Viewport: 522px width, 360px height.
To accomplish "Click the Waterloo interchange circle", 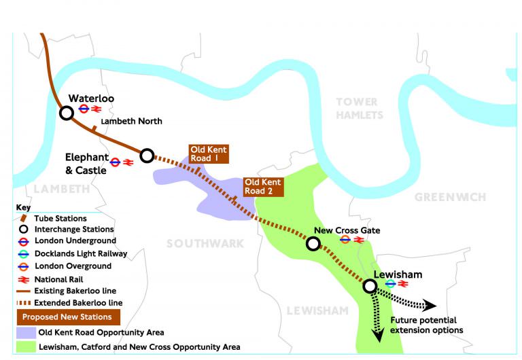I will (x=67, y=113).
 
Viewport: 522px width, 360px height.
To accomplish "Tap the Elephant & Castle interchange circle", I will (x=147, y=156).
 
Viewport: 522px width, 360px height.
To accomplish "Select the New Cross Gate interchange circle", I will (x=313, y=243).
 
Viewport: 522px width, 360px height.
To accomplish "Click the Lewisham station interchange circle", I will (x=370, y=286).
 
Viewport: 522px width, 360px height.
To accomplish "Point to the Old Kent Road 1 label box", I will (x=209, y=154).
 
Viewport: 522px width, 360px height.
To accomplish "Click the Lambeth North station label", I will (x=131, y=122).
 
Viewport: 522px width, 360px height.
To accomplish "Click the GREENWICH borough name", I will (x=450, y=197).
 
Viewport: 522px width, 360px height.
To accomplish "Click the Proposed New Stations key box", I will (x=68, y=317).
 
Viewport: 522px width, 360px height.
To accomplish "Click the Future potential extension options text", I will (x=426, y=325).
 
